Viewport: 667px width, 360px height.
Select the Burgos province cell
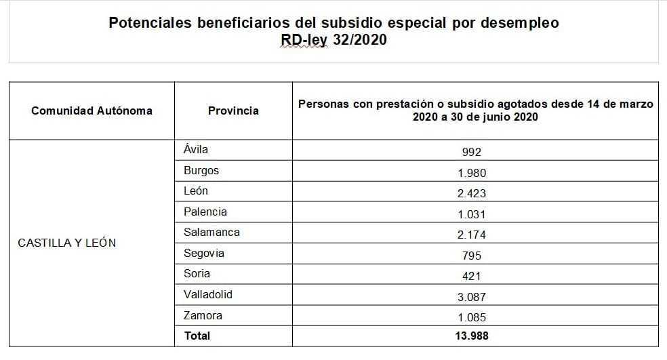click(x=201, y=170)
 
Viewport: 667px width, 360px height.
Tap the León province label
click(x=196, y=191)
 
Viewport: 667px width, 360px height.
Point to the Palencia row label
click(x=205, y=212)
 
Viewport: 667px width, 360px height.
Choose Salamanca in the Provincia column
click(x=211, y=232)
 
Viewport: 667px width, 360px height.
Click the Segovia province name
click(x=203, y=253)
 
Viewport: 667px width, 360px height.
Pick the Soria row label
click(x=197, y=273)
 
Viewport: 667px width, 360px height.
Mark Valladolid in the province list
click(x=208, y=294)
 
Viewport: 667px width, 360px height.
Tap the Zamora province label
click(x=203, y=315)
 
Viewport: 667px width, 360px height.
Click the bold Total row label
click(x=197, y=336)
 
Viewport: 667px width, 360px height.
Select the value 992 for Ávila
click(x=472, y=152)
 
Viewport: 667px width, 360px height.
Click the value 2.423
click(x=472, y=193)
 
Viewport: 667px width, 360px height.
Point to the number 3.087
click(x=472, y=296)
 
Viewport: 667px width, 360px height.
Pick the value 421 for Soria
click(x=472, y=276)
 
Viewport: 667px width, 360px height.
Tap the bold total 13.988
click(x=472, y=336)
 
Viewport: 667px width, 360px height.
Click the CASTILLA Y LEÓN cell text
click(x=67, y=243)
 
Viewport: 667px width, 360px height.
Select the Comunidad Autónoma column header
click(x=92, y=111)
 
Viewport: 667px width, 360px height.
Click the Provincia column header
click(x=233, y=111)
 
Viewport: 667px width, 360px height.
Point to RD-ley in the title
click(x=304, y=40)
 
